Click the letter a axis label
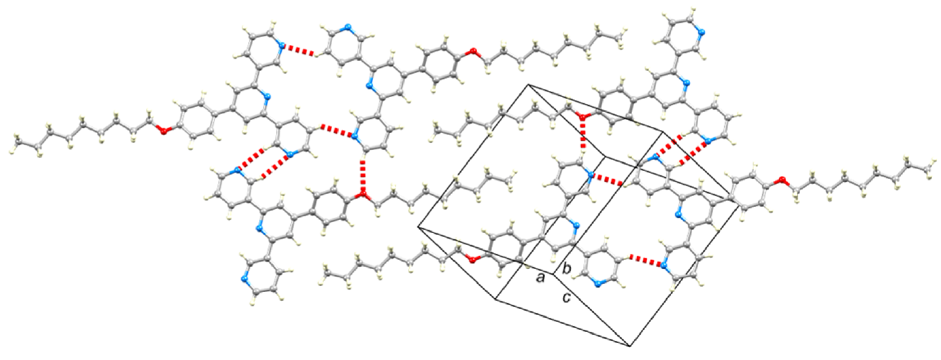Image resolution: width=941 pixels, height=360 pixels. (x=540, y=278)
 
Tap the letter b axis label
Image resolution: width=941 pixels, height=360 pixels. (x=566, y=269)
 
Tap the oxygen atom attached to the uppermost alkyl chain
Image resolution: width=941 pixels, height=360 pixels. (x=474, y=50)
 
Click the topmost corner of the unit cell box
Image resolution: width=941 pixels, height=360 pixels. (x=528, y=85)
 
